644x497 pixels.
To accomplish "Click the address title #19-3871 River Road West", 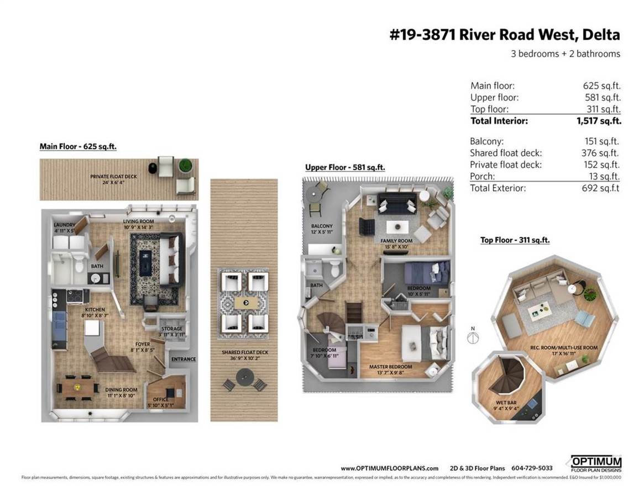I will coord(505,35).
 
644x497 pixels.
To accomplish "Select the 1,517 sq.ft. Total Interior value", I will coord(599,121).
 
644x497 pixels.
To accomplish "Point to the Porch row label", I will coord(482,176).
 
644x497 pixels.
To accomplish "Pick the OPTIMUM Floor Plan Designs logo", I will coord(596,464).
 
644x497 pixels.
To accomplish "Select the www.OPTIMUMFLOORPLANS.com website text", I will coord(389,468).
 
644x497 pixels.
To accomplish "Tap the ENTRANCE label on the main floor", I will coord(184,359).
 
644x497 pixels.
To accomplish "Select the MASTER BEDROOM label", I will coord(390,367).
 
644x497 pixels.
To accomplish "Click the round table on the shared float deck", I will coord(244,378).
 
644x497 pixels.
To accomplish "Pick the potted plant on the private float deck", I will coord(184,166).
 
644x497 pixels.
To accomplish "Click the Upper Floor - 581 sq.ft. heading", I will coord(345,167).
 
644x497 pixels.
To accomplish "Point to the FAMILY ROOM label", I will coord(396,241).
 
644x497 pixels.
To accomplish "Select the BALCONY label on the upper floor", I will coord(321,226).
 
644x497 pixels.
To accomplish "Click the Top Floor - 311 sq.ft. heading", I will coord(515,240).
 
